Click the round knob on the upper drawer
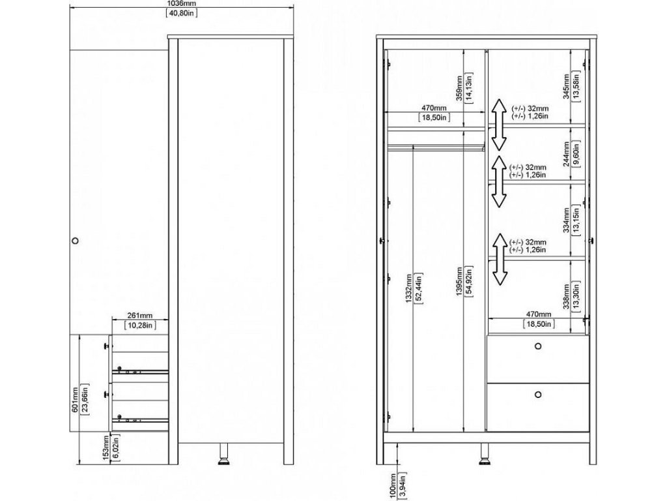538,346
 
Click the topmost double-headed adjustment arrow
498,124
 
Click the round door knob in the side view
75,241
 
